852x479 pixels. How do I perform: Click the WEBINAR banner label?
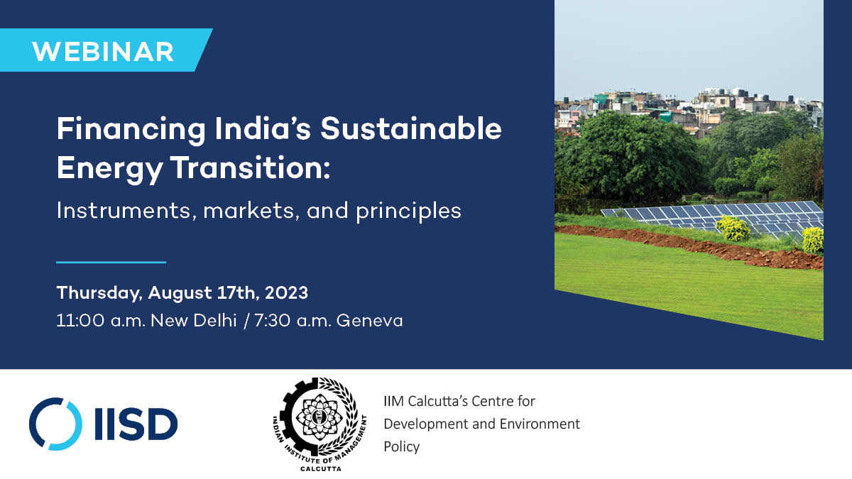(x=103, y=51)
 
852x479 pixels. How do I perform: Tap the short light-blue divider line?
(x=111, y=262)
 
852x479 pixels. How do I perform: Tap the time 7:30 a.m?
(x=293, y=320)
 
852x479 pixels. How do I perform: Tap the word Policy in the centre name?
(x=401, y=447)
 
